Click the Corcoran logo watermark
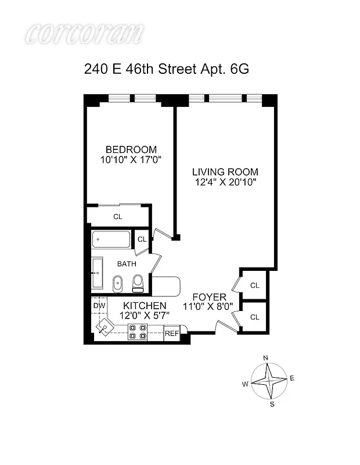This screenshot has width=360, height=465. click(x=84, y=33)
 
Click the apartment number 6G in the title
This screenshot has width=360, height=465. click(x=237, y=69)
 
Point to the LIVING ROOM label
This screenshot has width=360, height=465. click(x=225, y=172)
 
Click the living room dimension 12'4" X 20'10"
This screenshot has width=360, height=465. click(x=225, y=182)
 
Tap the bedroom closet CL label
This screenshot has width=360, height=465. click(x=118, y=217)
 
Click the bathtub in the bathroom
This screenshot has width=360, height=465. click(x=111, y=239)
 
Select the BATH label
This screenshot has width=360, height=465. click(x=127, y=264)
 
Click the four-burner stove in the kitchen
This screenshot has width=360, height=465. click(x=138, y=332)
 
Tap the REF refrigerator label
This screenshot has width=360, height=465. click(x=171, y=334)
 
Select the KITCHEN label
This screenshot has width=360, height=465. click(x=145, y=306)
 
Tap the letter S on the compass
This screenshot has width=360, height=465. click(x=271, y=404)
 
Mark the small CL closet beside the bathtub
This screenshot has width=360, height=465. click(x=141, y=238)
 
